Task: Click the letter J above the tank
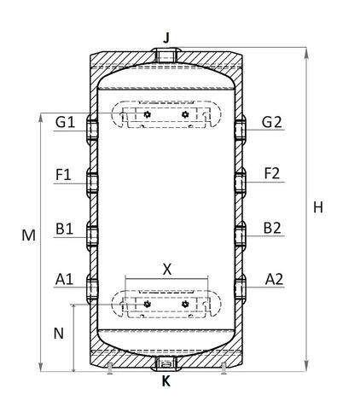(x=167, y=38)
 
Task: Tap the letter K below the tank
(x=166, y=381)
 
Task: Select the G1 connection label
(x=65, y=122)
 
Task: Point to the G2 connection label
(x=272, y=122)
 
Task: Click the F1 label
(x=63, y=174)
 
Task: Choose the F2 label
(x=272, y=173)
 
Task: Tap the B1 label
(x=64, y=229)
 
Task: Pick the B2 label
(x=272, y=228)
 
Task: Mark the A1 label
(x=64, y=279)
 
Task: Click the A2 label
(x=274, y=279)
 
